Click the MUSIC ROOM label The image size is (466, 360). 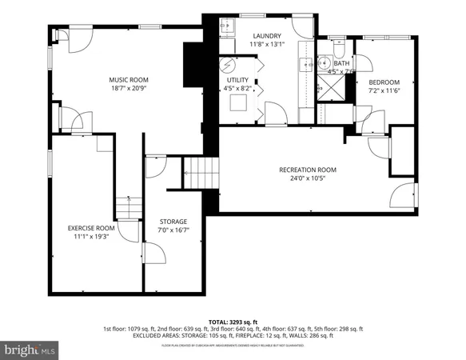129,79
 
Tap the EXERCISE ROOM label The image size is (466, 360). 91,228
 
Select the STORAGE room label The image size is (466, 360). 173,222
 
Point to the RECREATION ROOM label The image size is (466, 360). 307,170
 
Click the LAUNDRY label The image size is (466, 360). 267,37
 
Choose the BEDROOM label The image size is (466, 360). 384,82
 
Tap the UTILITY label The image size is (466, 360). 237,80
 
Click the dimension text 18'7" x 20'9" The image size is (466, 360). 129,89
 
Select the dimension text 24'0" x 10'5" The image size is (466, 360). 307,179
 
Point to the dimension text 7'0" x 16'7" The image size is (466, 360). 173,231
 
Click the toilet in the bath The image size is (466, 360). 337,45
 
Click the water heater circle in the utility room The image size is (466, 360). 229,65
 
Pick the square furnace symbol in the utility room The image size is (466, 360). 238,102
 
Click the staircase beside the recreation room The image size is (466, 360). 201,170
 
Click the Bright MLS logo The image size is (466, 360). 30,350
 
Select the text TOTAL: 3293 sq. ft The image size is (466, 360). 232,320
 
